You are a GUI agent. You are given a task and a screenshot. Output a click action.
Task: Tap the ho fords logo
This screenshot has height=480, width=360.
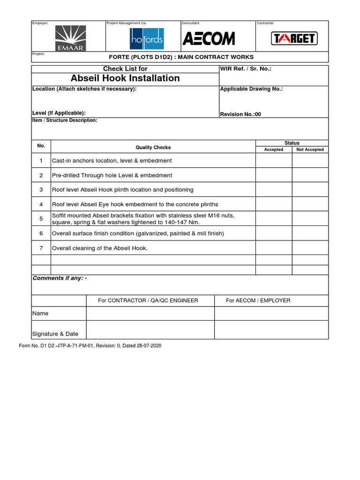coord(147,39)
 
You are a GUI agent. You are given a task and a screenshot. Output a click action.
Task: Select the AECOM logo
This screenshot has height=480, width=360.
coord(208,38)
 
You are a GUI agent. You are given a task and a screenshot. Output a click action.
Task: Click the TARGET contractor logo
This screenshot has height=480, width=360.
coord(294,38)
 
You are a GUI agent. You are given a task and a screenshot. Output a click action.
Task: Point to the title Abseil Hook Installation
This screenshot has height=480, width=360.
coord(125,78)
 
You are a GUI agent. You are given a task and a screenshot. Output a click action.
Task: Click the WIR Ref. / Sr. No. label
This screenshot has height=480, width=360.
coord(246,69)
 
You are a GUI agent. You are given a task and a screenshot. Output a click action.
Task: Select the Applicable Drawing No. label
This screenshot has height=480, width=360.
coord(251,89)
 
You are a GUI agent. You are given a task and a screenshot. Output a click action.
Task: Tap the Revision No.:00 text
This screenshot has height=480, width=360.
coord(240,114)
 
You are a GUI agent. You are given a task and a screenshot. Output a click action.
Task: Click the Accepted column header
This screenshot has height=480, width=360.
coord(274,150)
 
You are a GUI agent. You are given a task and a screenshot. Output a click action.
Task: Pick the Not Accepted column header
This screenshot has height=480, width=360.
coord(310,150)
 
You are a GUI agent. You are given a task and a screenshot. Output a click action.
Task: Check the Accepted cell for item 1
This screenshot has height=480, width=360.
coord(274,161)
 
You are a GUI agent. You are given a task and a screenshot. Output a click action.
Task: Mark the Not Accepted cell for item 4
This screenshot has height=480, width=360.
coord(310,204)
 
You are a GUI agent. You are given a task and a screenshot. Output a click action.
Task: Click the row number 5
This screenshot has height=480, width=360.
coord(41,218)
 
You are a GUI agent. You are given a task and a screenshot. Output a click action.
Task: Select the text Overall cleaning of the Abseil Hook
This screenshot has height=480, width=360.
coord(100,248)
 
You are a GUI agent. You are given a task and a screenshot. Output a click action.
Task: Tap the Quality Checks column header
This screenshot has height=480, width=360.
coord(153,147)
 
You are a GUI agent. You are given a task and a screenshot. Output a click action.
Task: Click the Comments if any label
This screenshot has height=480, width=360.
coord(60,278)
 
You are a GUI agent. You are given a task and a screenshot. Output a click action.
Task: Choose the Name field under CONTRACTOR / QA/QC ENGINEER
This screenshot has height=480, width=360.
coord(150,313)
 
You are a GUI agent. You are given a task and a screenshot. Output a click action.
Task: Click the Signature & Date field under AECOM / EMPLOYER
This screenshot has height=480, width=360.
coord(271,330)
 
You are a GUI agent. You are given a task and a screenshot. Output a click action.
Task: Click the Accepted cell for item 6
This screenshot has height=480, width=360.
coord(274,233)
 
